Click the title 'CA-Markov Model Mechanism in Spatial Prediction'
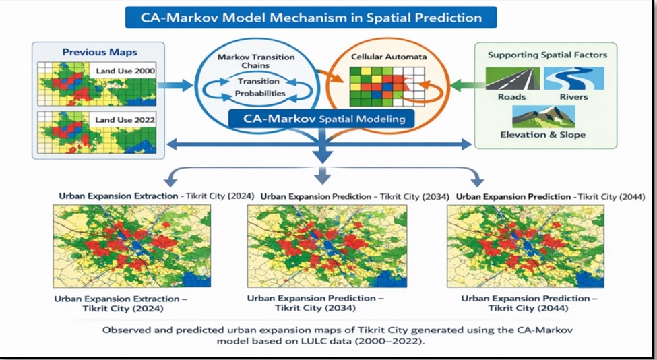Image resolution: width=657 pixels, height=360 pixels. [x=311, y=18]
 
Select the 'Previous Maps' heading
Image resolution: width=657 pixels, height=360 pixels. [x=100, y=53]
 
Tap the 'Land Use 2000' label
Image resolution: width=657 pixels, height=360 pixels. [x=125, y=71]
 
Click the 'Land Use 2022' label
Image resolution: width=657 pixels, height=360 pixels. [x=125, y=120]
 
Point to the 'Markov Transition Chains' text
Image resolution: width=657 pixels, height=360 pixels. [x=256, y=61]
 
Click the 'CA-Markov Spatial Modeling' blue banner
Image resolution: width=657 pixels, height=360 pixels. [x=321, y=119]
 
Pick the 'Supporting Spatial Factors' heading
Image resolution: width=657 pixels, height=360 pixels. [x=547, y=55]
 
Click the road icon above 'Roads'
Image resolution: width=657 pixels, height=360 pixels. [x=512, y=78]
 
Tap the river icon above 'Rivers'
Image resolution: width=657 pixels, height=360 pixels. [x=574, y=78]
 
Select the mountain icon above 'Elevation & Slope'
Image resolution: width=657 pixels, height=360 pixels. [x=543, y=116]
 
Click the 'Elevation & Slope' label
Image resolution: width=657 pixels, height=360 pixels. [x=543, y=135]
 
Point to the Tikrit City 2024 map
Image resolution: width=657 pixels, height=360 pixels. [x=132, y=246]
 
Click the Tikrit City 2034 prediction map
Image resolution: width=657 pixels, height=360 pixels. [x=327, y=246]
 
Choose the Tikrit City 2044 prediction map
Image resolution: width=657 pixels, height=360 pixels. [x=526, y=246]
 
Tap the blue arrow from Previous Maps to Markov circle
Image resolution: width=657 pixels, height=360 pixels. [x=175, y=86]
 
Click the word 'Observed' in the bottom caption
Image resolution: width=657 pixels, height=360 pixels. [x=122, y=330]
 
